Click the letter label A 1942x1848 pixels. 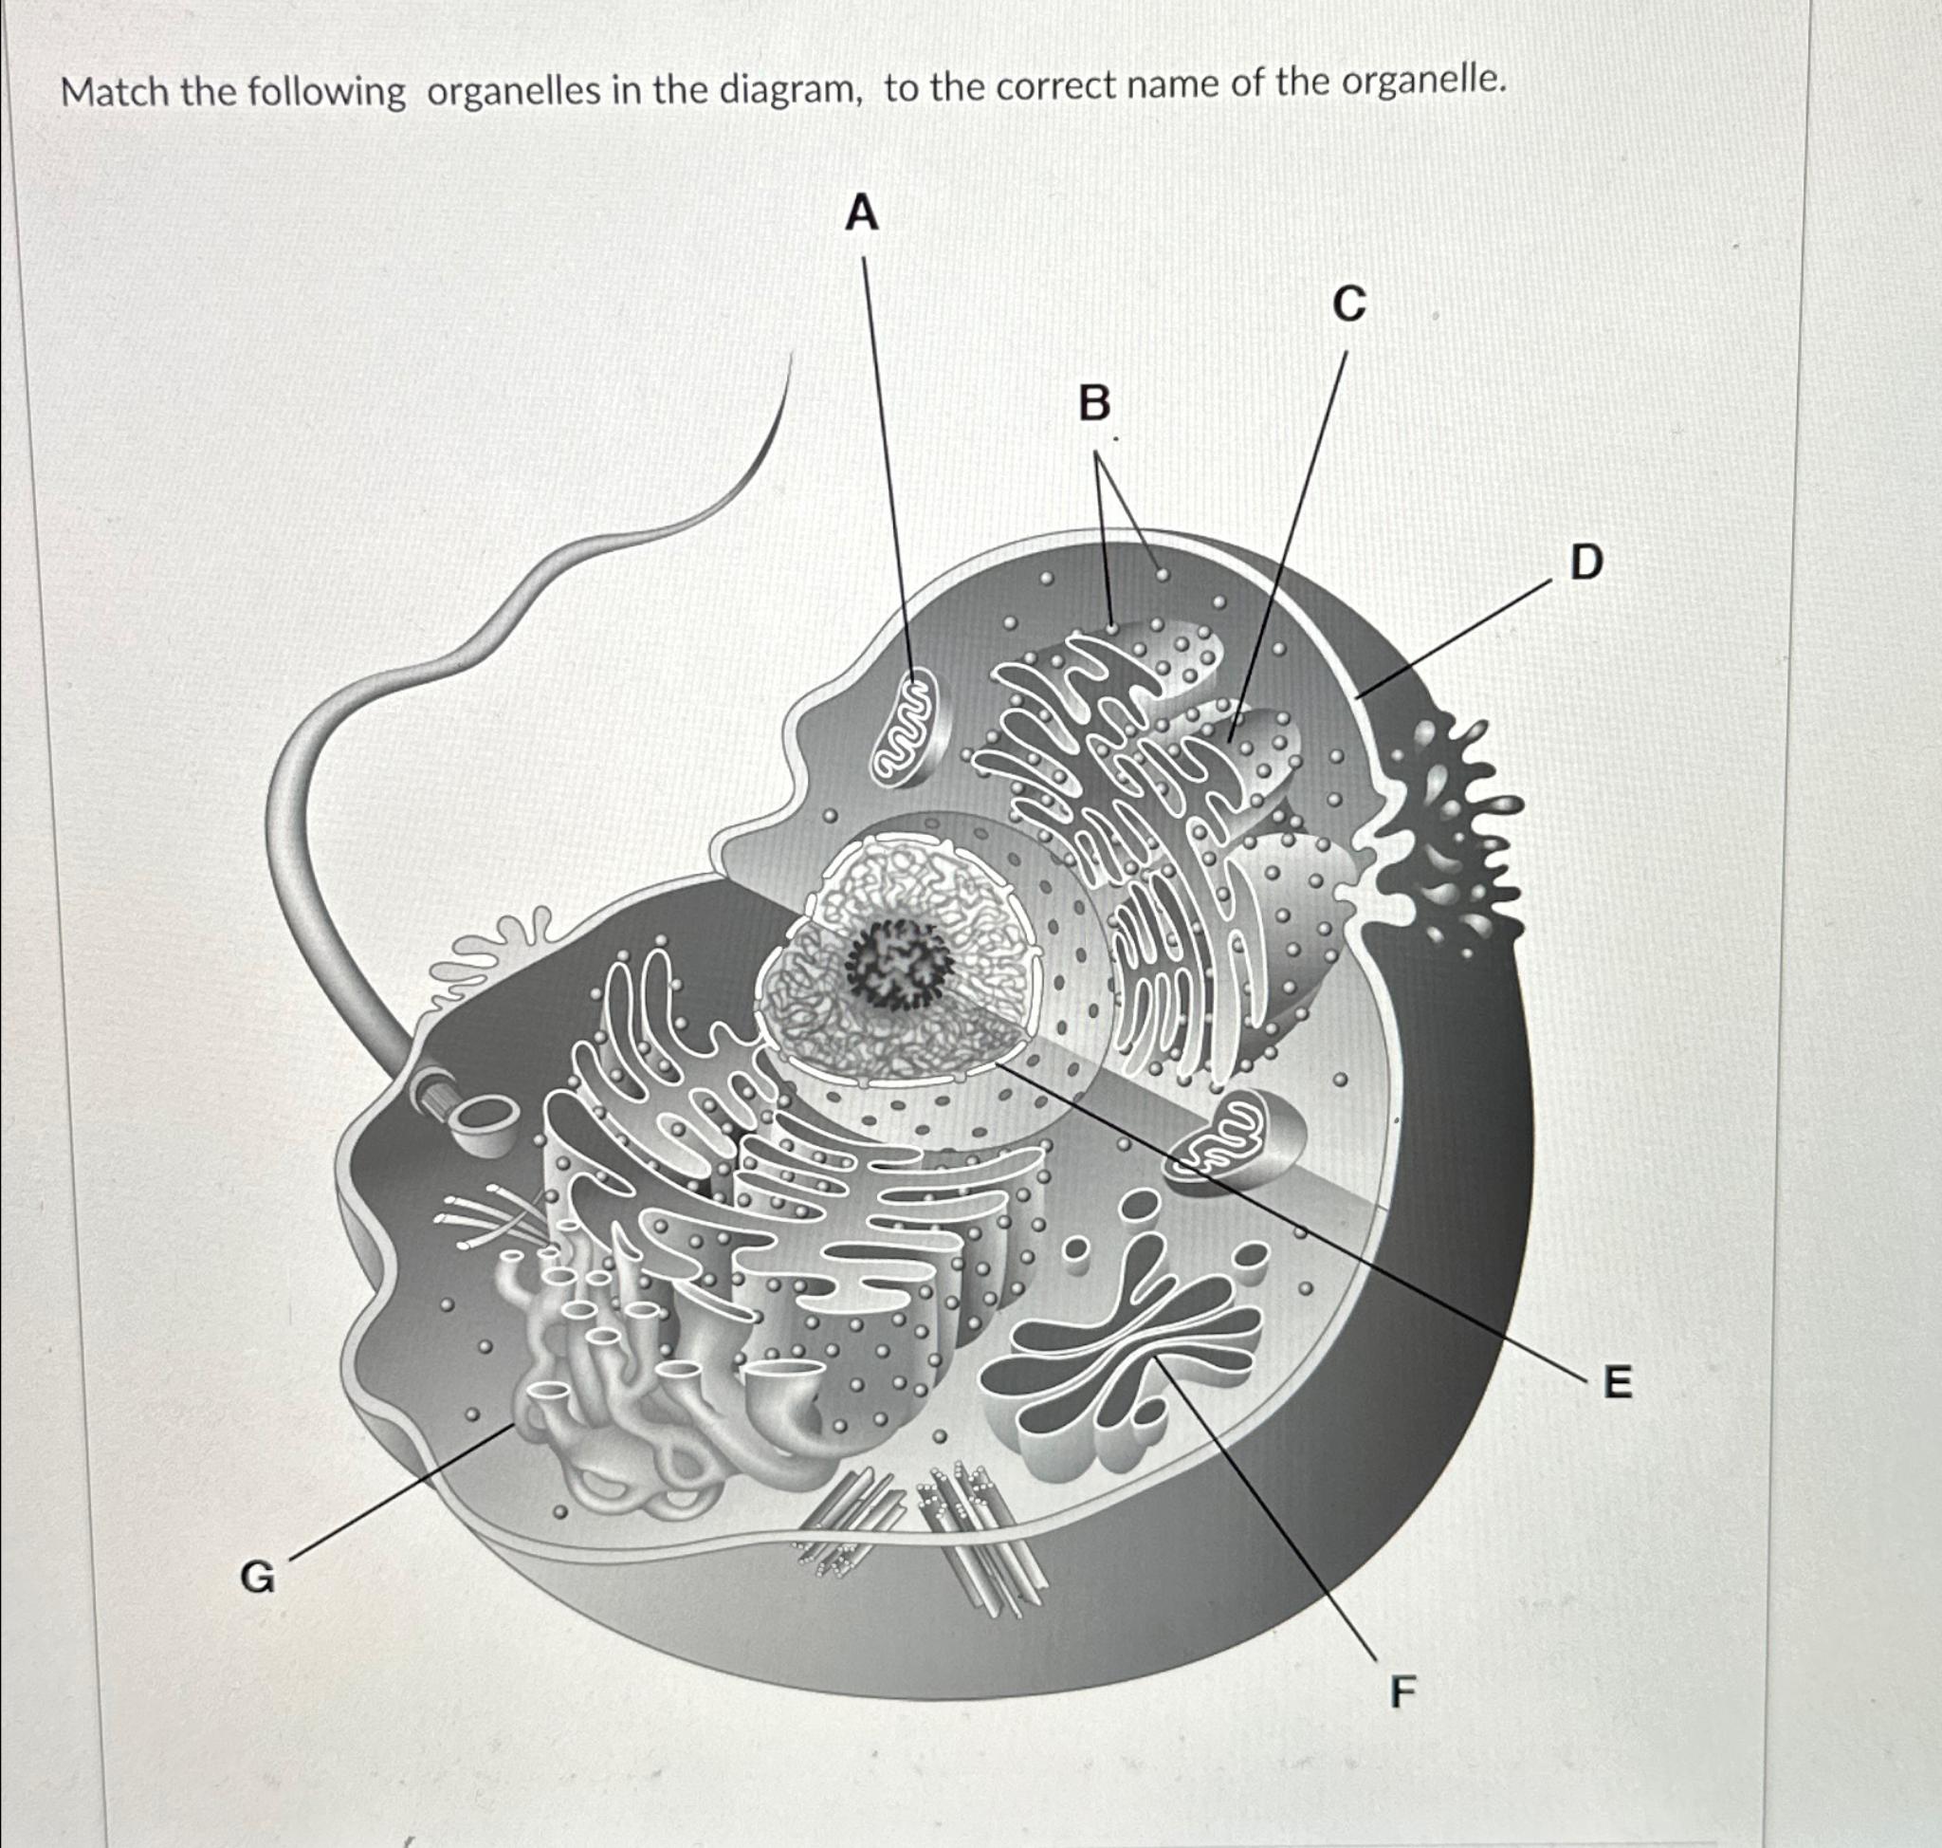pos(862,213)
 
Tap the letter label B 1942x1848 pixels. pos(1093,404)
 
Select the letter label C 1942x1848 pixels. pos(1349,305)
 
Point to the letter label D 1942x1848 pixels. pos(1585,564)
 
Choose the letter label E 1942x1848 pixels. pos(1618,1383)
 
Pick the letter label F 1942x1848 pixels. pos(1402,1692)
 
